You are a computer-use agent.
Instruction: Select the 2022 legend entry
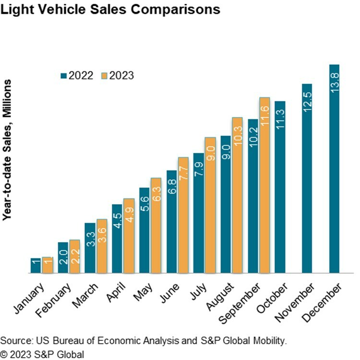(x=76, y=75)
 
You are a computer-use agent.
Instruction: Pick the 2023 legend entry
(x=118, y=75)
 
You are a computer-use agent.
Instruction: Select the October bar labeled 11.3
(x=280, y=187)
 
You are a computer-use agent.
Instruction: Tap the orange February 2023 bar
(x=75, y=256)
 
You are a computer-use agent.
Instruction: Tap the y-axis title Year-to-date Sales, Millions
(x=7, y=150)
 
